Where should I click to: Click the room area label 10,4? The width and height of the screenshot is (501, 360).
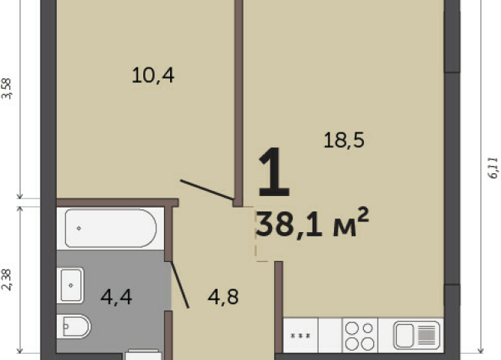pyautogui.click(x=153, y=76)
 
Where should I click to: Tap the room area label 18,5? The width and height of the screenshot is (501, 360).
pyautogui.click(x=344, y=140)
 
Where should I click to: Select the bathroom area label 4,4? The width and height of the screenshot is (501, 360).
pyautogui.click(x=116, y=297)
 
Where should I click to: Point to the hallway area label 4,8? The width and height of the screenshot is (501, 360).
pyautogui.click(x=223, y=297)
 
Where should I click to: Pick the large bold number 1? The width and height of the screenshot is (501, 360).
pyautogui.click(x=273, y=172)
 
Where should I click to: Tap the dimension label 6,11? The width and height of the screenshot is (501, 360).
pyautogui.click(x=493, y=168)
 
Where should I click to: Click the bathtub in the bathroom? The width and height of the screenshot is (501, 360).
pyautogui.click(x=110, y=228)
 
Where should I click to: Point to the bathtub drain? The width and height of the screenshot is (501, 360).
pyautogui.click(x=79, y=228)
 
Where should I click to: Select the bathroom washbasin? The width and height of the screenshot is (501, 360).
pyautogui.click(x=70, y=285)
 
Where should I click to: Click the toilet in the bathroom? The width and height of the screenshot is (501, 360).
pyautogui.click(x=74, y=326)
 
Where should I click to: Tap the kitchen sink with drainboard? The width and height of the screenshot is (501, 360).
pyautogui.click(x=417, y=335)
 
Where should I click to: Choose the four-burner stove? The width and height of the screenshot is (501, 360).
pyautogui.click(x=360, y=335)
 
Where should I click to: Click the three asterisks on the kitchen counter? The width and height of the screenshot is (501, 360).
pyautogui.click(x=300, y=336)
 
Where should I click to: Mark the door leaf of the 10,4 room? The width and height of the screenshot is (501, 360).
pyautogui.click(x=207, y=190)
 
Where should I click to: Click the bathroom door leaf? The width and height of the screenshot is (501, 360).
pyautogui.click(x=180, y=285)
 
